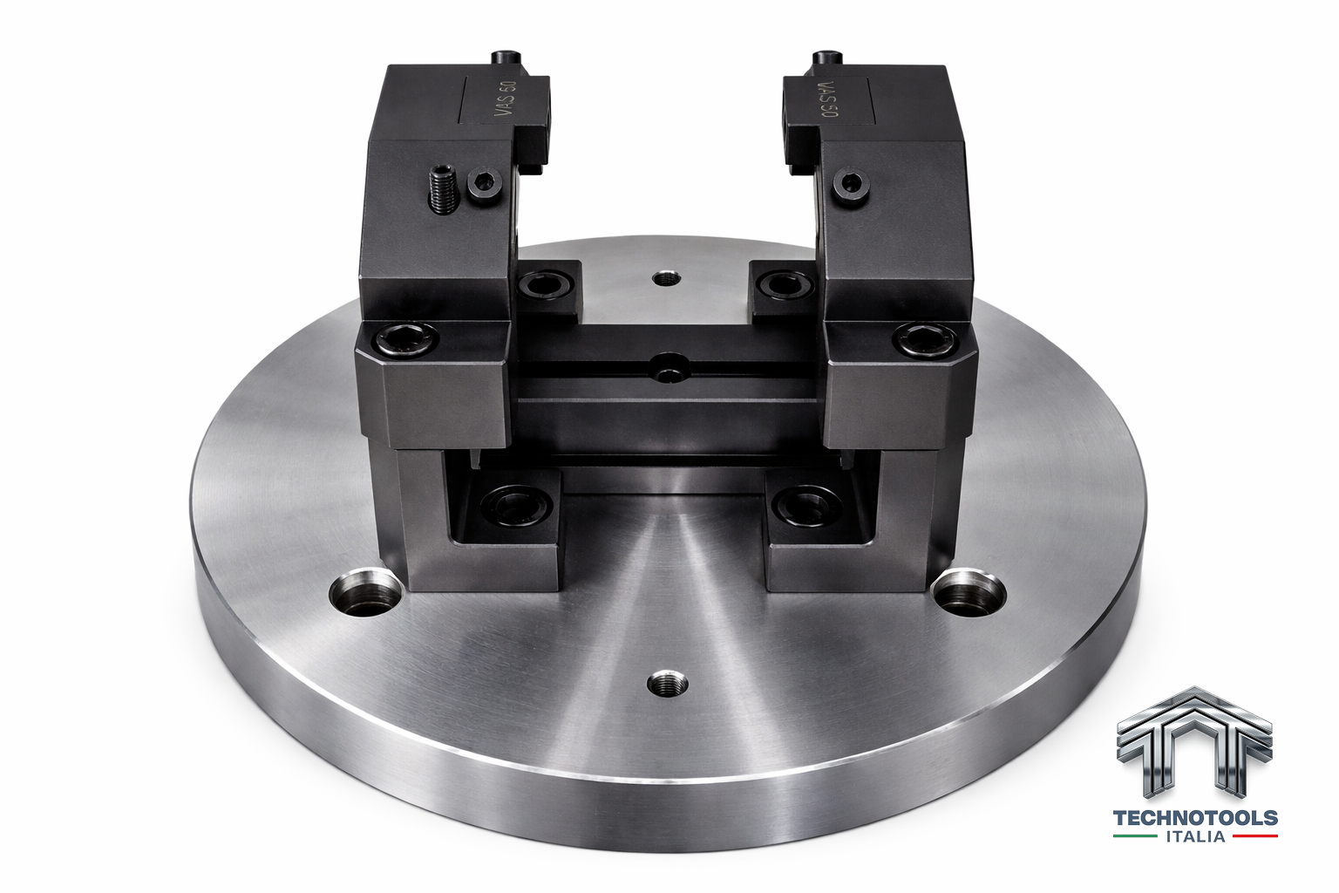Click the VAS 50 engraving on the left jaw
click(x=506, y=99)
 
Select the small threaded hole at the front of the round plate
click(x=668, y=684)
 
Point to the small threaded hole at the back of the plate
click(x=667, y=278)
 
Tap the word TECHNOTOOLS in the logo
click(x=1195, y=818)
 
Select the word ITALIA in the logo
click(x=1195, y=836)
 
